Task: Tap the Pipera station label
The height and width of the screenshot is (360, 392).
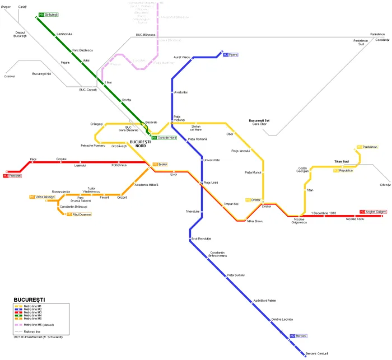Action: (x=234, y=55)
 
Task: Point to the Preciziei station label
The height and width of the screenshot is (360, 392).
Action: (x=15, y=176)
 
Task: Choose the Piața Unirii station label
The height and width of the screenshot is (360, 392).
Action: (x=211, y=183)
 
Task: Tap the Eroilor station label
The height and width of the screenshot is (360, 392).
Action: (x=162, y=164)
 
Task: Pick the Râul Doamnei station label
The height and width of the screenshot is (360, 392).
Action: (x=81, y=214)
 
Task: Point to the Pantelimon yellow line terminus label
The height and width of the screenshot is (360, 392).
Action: (x=370, y=147)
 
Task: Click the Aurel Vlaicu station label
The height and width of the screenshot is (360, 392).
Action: (x=183, y=58)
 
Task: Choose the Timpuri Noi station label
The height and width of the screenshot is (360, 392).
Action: (x=231, y=204)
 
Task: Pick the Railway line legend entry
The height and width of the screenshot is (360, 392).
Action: (x=34, y=332)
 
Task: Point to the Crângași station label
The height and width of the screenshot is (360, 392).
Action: (x=96, y=124)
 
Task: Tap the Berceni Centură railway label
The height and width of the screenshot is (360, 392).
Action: (x=317, y=353)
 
